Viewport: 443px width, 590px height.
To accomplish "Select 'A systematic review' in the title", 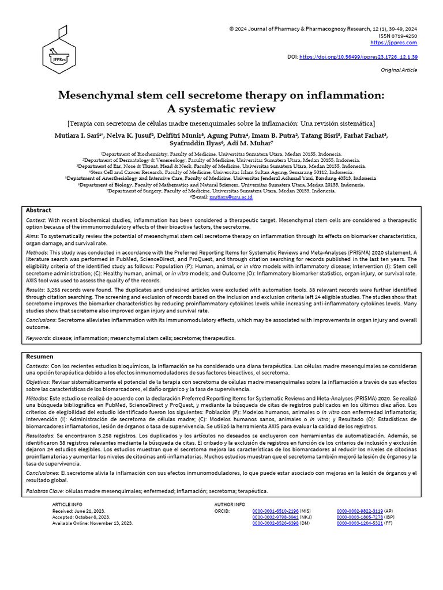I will (221, 109).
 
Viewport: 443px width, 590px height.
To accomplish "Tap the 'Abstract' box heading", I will (39, 210).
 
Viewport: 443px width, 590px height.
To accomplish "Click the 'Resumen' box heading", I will (40, 357).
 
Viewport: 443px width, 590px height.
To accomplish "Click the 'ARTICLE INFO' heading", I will (67, 504).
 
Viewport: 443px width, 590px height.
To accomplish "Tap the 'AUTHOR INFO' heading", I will (230, 504).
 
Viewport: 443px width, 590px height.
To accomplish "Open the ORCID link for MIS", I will (276, 511).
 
